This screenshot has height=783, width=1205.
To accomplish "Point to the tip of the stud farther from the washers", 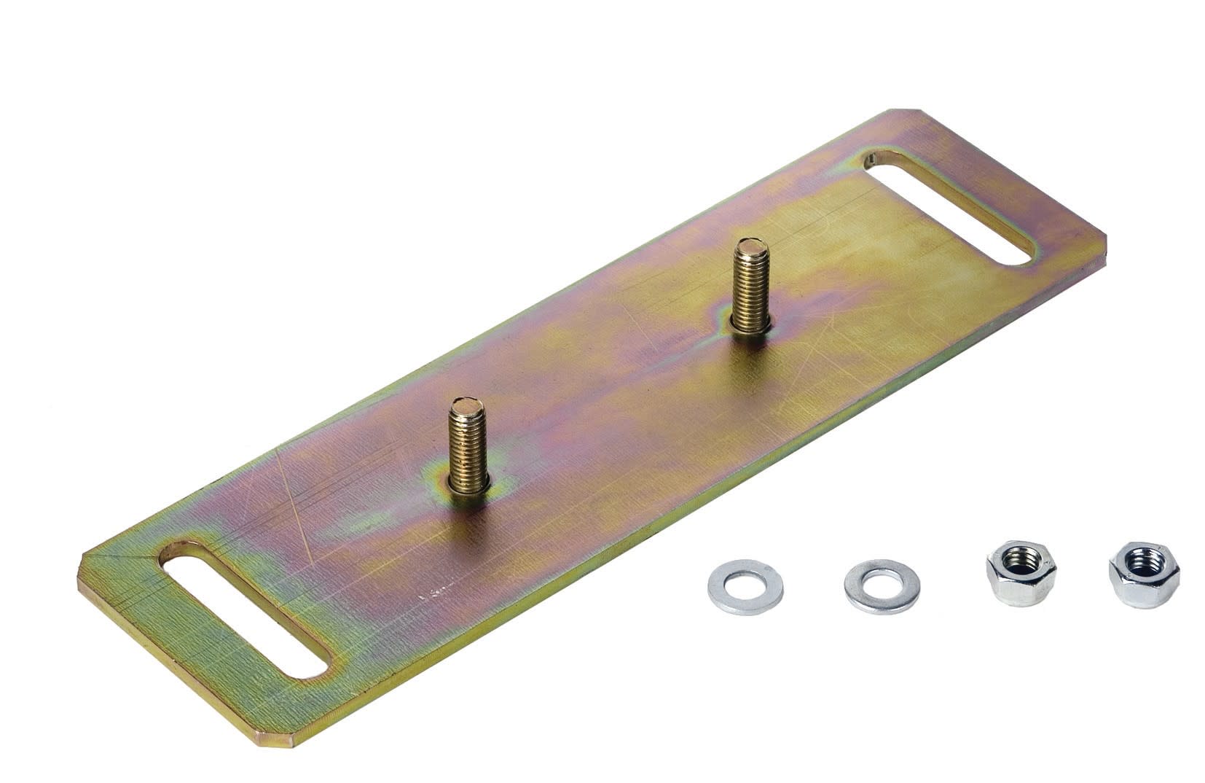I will click(750, 249).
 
